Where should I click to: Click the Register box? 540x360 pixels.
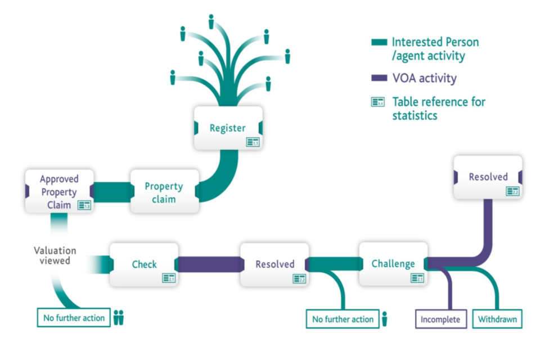pyautogui.click(x=228, y=128)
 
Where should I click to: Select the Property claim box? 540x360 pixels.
pyautogui.click(x=164, y=192)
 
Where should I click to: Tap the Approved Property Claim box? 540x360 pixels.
pyautogui.click(x=58, y=192)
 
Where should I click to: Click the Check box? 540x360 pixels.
pyautogui.click(x=144, y=264)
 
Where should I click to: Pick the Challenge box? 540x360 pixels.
pyautogui.click(x=393, y=264)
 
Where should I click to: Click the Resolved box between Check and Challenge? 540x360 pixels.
pyautogui.click(x=274, y=264)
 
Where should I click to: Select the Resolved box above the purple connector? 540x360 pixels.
pyautogui.click(x=488, y=177)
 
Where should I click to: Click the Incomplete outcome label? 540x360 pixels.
pyautogui.click(x=440, y=319)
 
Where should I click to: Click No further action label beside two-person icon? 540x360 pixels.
pyautogui.click(x=74, y=318)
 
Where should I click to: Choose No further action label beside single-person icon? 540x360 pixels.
pyautogui.click(x=343, y=319)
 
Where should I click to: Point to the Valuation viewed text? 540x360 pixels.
pyautogui.click(x=55, y=255)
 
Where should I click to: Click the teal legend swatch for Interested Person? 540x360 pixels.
pyautogui.click(x=379, y=42)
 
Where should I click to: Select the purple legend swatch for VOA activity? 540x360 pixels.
pyautogui.click(x=379, y=78)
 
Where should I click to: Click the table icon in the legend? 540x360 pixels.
pyautogui.click(x=378, y=102)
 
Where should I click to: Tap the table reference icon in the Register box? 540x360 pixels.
pyautogui.click(x=253, y=142)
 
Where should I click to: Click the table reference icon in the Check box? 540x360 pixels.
pyautogui.click(x=169, y=277)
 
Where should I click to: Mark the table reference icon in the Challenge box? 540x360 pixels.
pyautogui.click(x=417, y=277)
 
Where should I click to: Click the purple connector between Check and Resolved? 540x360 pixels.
pyautogui.click(x=209, y=264)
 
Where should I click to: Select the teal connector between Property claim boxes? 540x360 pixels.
pyautogui.click(x=111, y=192)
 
